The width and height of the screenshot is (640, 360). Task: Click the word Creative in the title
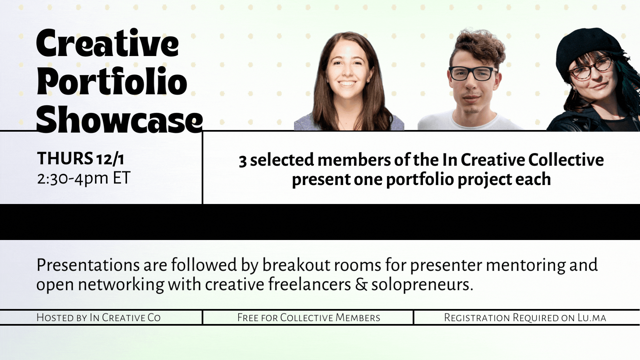107,43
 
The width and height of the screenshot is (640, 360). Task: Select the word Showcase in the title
119,119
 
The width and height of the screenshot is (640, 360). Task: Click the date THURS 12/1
80,158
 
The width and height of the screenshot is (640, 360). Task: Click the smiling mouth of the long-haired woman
347,83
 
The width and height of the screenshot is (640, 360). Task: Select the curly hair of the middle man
477,47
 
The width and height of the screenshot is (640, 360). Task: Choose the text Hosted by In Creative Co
99,317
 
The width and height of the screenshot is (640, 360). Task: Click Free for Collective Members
309,317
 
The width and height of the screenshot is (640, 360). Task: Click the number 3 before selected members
243,161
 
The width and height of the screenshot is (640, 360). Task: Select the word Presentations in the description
88,265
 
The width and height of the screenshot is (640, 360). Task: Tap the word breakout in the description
293,265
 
